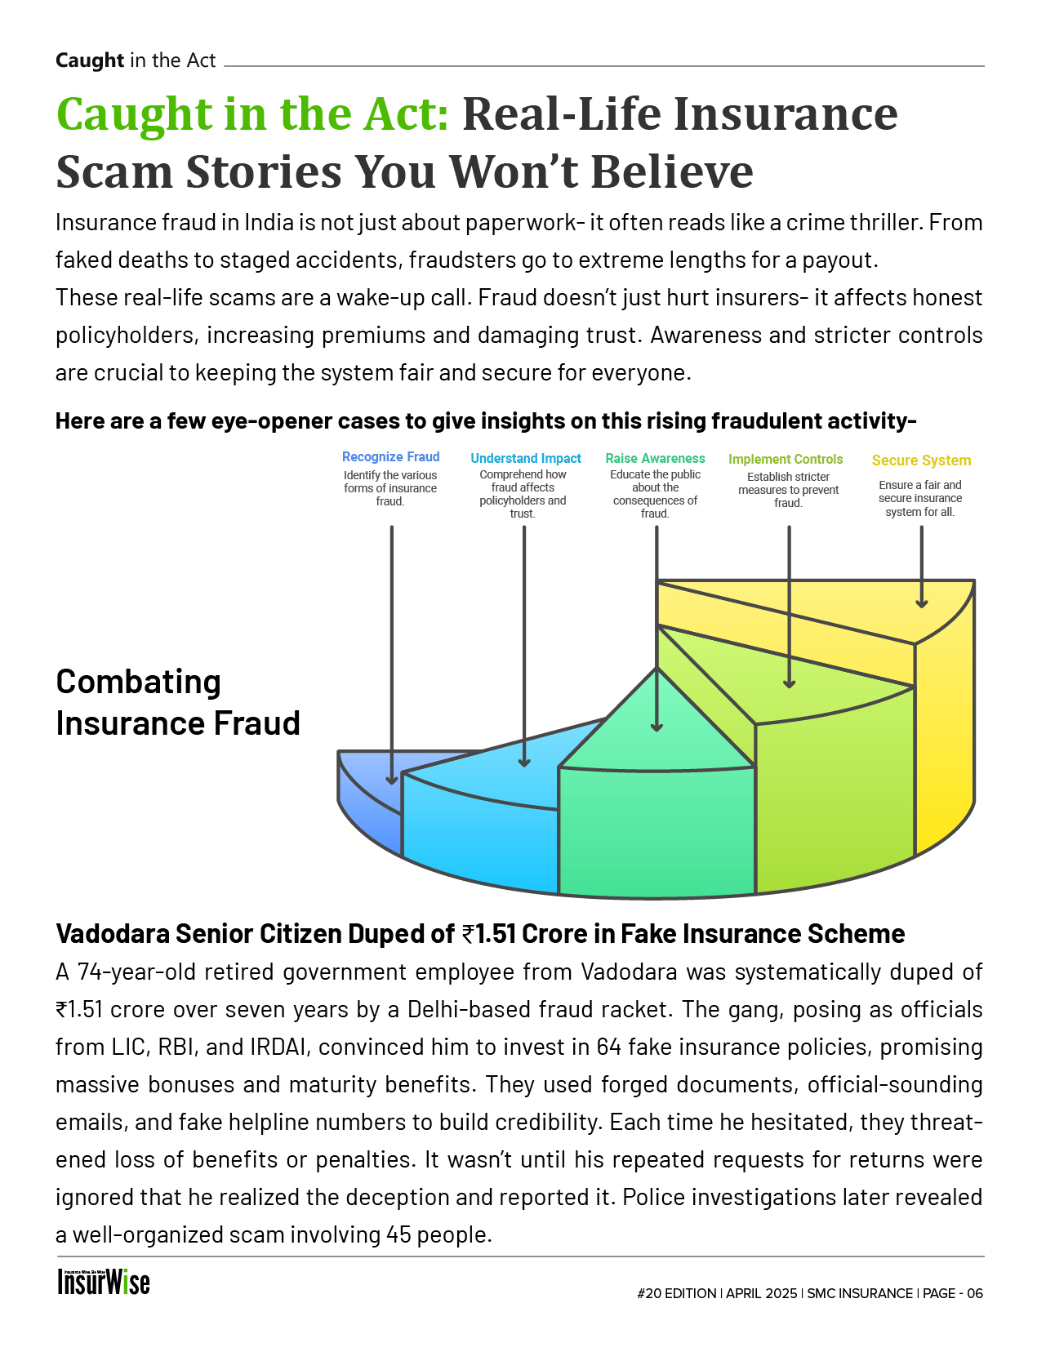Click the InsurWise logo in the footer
pos(104,1282)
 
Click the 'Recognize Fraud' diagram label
pos(390,457)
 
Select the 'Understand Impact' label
pos(526,459)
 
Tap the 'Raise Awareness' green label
pos(655,459)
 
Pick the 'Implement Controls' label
pos(786,460)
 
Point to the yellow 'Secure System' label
pos(921,460)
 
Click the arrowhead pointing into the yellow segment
pos(921,603)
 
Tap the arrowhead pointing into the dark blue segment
pos(392,779)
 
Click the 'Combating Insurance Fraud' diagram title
pos(178,702)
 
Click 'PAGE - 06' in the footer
pos(953,1293)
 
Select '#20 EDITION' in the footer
pos(676,1293)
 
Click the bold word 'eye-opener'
pos(271,421)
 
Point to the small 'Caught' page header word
pos(90,60)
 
